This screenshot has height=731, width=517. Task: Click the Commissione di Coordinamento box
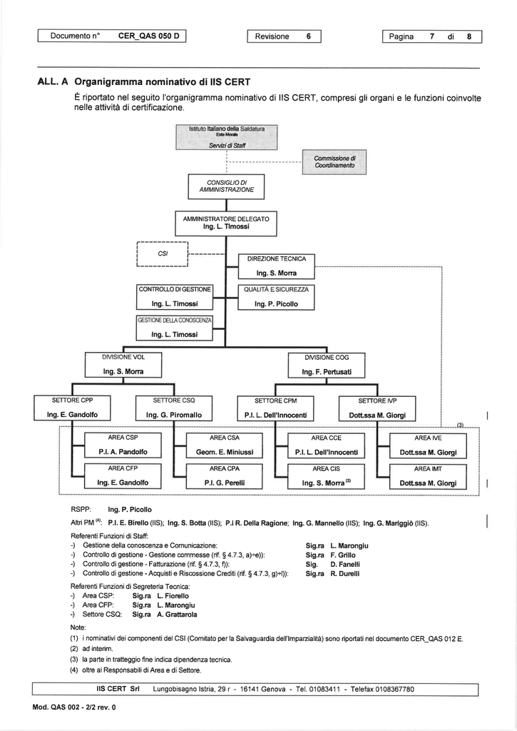pos(330,162)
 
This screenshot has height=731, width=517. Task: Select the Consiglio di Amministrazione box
pos(226,187)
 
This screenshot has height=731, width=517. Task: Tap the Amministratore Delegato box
pos(226,222)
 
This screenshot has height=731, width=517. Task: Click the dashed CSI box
pos(162,254)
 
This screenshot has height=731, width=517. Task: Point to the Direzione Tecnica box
pos(276,266)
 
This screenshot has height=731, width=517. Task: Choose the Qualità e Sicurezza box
pos(276,297)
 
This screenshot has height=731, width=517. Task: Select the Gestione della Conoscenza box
pos(174,327)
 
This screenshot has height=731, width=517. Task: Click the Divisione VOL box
pos(123,364)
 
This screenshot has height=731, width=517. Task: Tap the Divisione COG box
pos(327,364)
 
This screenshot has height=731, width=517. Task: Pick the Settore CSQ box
pos(174,407)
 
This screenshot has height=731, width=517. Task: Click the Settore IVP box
pos(377,407)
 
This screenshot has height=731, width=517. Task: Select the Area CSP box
pos(123,445)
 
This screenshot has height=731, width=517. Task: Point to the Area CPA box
pos(224,475)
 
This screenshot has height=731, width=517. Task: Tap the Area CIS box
pos(326,475)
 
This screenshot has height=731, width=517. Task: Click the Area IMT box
pos(428,475)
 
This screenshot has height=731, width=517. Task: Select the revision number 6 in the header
pos(309,36)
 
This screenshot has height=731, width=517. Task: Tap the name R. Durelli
pos(345,573)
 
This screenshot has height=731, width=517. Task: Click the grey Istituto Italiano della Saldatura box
pos(226,136)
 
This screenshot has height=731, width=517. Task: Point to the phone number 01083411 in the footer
pos(326,689)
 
